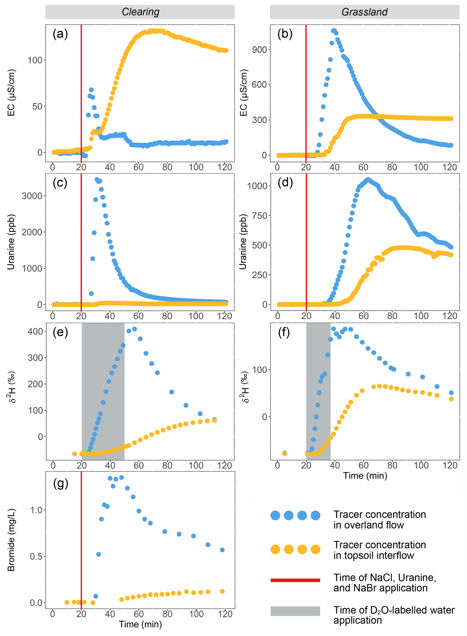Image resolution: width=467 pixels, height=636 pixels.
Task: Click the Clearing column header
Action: pos(140,12)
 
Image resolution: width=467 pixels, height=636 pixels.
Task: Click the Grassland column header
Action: pos(364,12)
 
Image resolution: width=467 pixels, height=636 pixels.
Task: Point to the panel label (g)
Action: pos(60,484)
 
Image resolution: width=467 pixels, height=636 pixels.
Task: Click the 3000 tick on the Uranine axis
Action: pos(32,196)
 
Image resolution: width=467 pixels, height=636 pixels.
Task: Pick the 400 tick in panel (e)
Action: pos(35,331)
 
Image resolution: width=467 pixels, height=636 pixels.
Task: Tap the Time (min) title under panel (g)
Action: pos(140,624)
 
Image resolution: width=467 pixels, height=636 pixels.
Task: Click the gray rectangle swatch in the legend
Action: pos(295,611)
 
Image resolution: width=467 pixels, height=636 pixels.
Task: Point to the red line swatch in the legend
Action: pos(295,580)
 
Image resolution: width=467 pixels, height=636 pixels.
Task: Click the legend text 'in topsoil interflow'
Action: pos(373,555)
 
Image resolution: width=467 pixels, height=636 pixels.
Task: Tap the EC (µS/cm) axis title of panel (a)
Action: pos(11,93)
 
